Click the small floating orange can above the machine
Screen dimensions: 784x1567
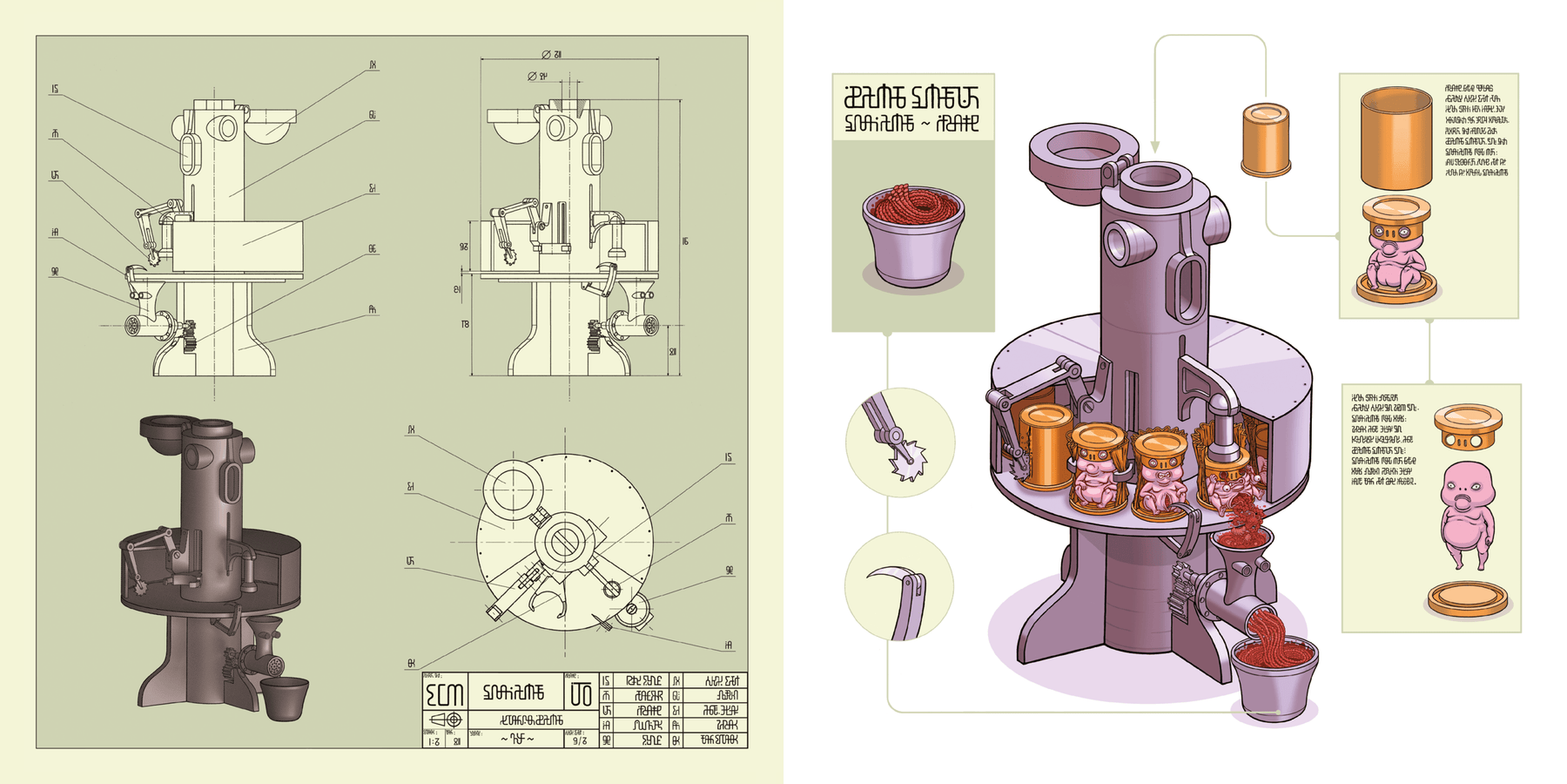pos(1265,139)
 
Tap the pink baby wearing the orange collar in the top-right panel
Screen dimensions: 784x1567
pos(1395,261)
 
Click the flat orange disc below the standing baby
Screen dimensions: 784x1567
pos(1468,599)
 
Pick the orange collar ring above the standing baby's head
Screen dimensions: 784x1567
pos(1468,425)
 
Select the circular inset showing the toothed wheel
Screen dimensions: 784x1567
pos(900,442)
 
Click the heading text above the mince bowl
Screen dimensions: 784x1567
pos(911,109)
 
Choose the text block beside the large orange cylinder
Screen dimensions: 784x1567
pos(1476,131)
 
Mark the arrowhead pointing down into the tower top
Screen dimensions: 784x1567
pos(1154,147)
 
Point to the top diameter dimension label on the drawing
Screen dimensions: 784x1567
pos(551,54)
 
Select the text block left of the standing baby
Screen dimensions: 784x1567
pos(1383,440)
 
